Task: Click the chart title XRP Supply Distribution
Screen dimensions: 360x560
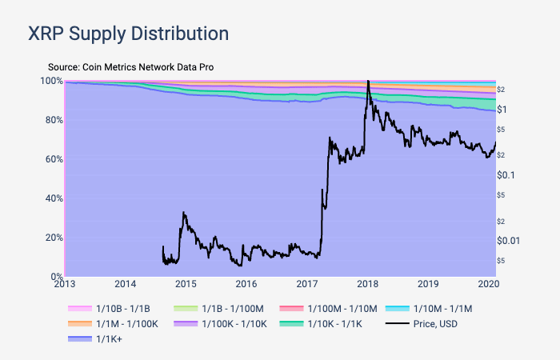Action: (x=128, y=34)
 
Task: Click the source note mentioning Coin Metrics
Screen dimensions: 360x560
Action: (x=130, y=67)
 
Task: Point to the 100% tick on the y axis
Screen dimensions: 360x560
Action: (x=50, y=81)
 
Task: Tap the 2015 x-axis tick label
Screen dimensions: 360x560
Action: (x=186, y=284)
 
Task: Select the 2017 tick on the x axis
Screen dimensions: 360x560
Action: (x=307, y=284)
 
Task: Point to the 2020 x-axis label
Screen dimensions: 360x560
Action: (x=488, y=284)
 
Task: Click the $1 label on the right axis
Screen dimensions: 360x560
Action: (x=503, y=109)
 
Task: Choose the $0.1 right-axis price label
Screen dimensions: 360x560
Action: (x=508, y=174)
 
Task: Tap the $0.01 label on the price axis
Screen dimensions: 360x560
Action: (x=510, y=240)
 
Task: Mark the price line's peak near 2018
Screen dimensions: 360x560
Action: (x=367, y=82)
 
